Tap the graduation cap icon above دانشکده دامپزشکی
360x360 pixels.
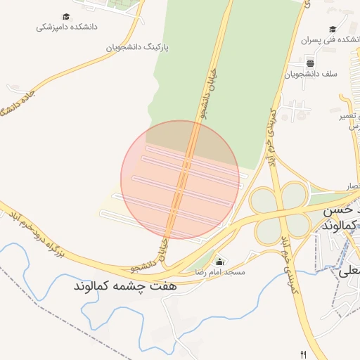coord(66,16)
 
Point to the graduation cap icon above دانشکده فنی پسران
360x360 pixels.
coord(332,29)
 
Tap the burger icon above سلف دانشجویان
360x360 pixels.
coord(311,63)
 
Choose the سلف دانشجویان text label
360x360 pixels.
coord(312,73)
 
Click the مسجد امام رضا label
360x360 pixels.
coord(221,271)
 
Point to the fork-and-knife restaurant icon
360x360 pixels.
coord(304,354)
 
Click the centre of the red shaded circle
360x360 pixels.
coord(180,179)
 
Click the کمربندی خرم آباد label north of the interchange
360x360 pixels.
coord(271,131)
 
